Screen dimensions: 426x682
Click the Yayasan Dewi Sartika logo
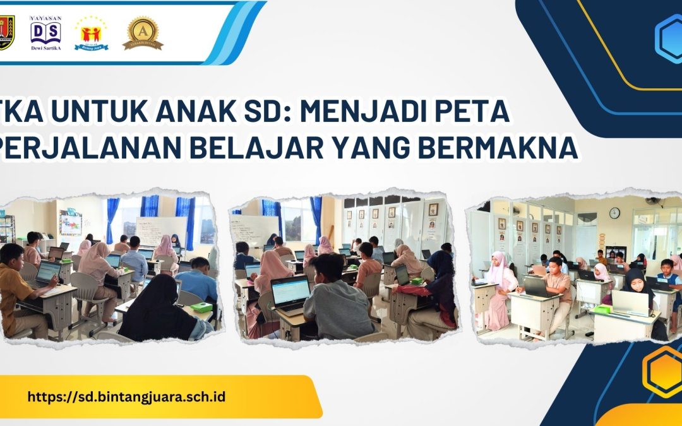(x=45, y=33)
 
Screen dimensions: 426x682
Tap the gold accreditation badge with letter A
(x=143, y=33)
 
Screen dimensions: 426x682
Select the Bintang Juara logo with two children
(x=92, y=33)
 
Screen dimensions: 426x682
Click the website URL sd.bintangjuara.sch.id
(x=126, y=397)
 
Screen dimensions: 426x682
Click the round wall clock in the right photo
(x=614, y=213)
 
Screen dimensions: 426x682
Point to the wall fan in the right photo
(x=652, y=201)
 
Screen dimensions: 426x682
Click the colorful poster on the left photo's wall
(x=70, y=224)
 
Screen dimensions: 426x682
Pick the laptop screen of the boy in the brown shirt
(x=48, y=272)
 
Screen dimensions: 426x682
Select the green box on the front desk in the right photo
(x=601, y=309)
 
